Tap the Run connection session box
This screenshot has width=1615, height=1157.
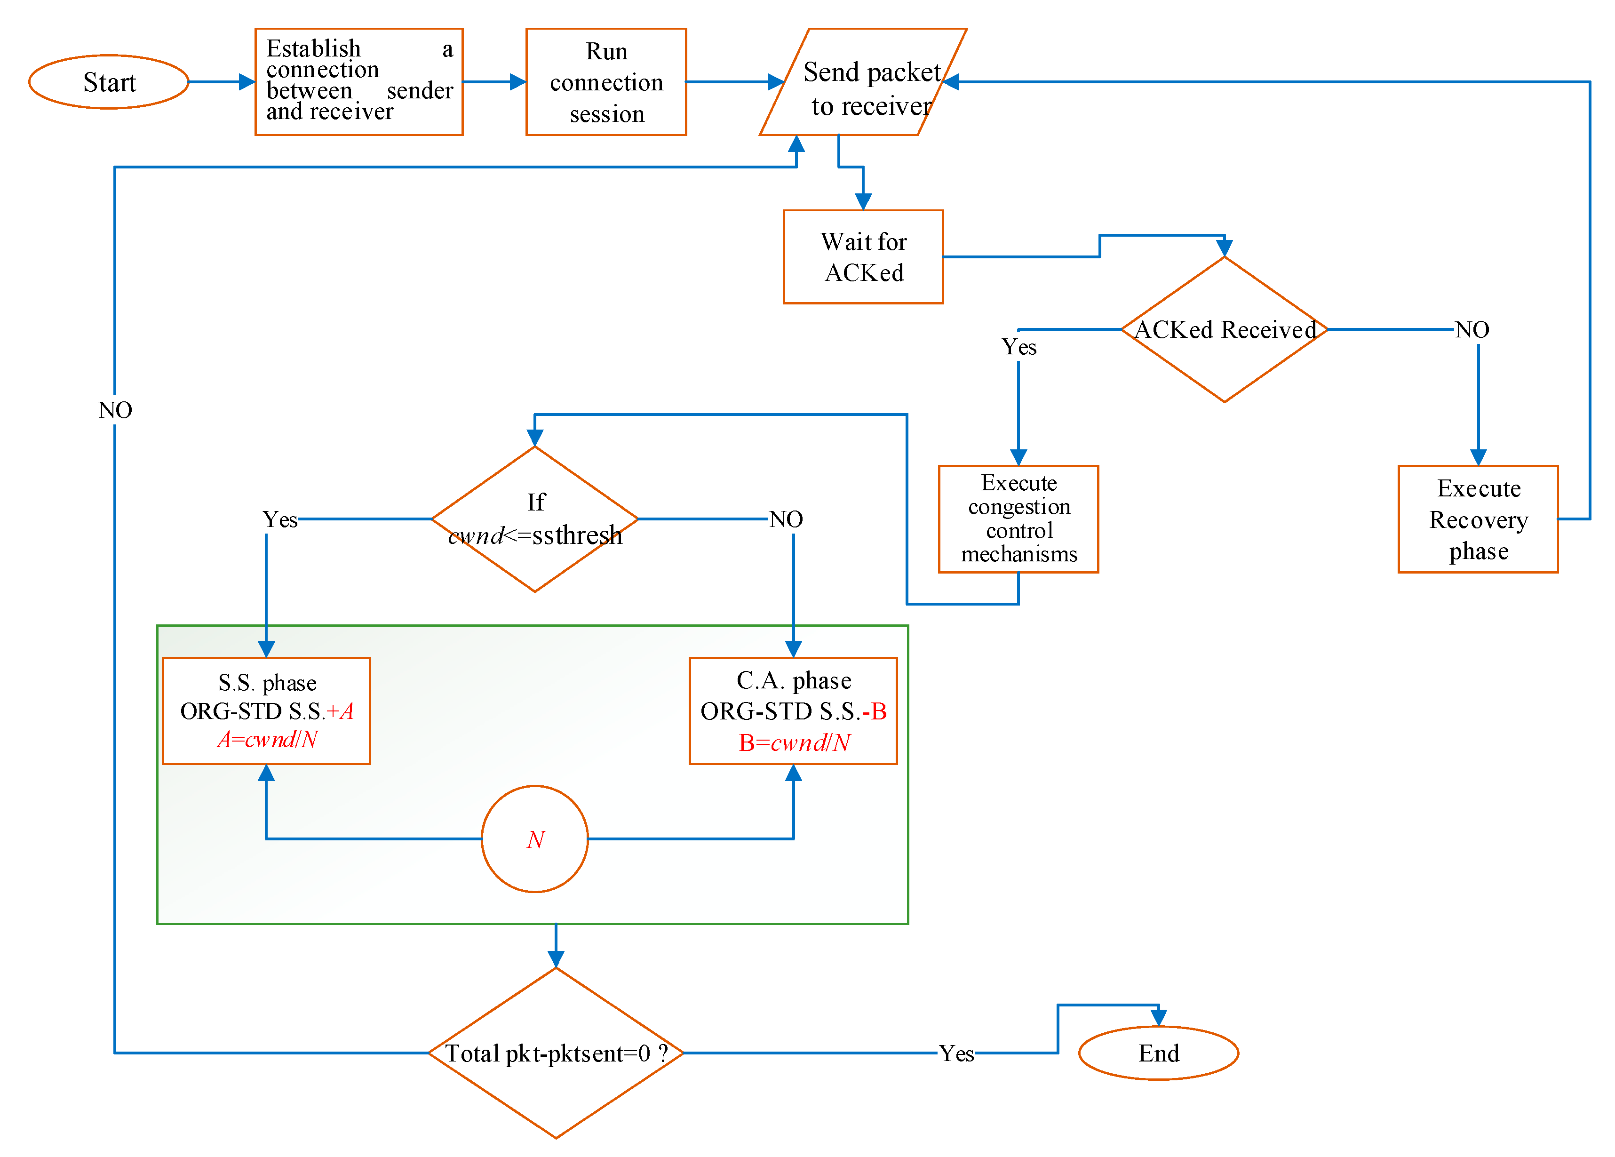[606, 82]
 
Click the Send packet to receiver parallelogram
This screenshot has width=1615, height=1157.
[863, 82]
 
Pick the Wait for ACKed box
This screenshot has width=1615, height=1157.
[863, 256]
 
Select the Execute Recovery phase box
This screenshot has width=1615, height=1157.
[1478, 519]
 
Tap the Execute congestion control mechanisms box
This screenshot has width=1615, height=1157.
[1018, 519]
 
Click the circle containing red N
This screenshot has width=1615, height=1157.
[535, 839]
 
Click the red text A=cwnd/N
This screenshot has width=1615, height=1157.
[267, 740]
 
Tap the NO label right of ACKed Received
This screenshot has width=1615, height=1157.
[1471, 330]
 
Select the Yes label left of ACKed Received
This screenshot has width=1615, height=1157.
[1018, 347]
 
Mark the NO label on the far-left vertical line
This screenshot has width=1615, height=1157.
[115, 410]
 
